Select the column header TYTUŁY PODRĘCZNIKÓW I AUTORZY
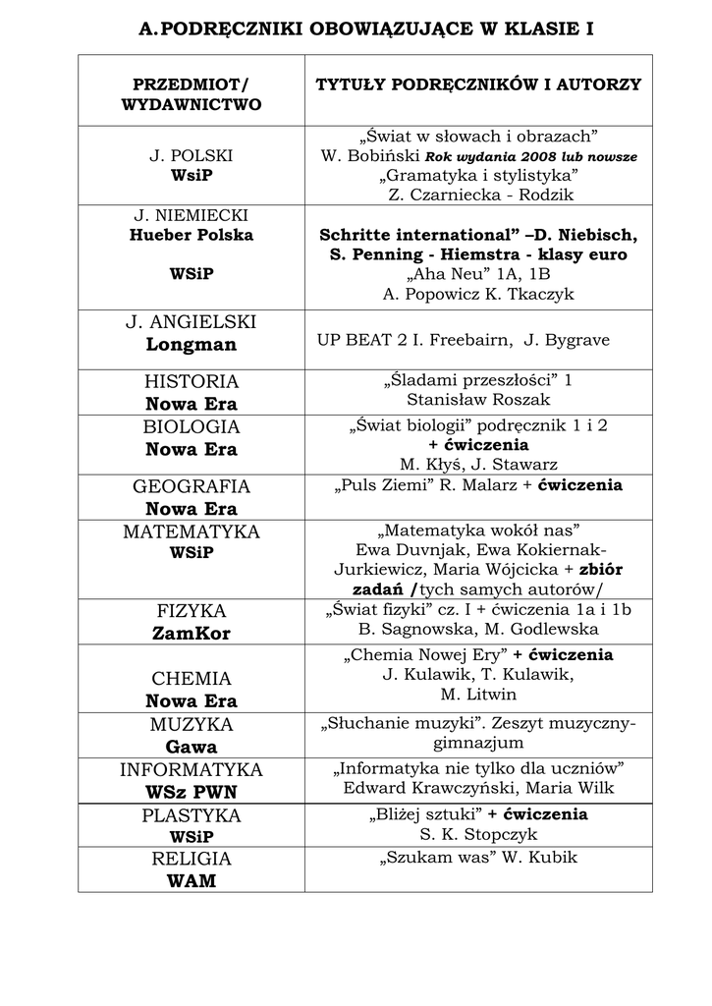click(477, 85)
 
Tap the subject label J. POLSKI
click(192, 155)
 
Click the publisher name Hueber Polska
click(192, 235)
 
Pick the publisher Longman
click(192, 345)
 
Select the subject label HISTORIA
click(192, 381)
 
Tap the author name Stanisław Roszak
click(478, 399)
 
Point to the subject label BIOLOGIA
click(192, 427)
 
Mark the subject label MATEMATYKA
click(192, 531)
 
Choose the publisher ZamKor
click(192, 634)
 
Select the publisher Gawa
click(192, 748)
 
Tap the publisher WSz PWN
click(192, 792)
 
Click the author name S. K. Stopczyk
click(478, 834)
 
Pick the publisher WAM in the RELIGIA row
click(192, 881)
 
